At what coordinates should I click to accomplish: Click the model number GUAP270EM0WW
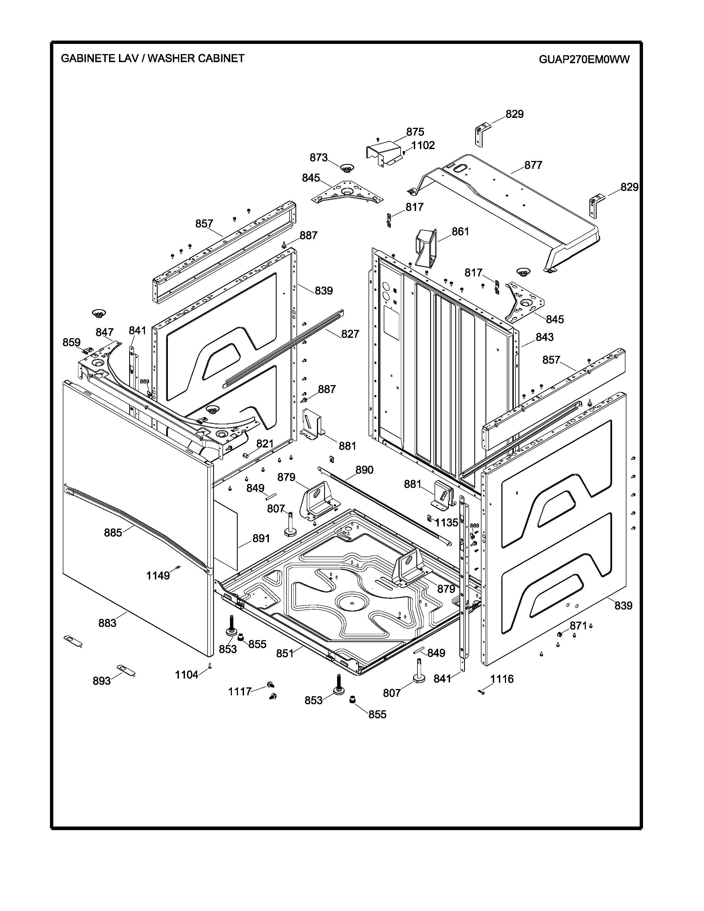(x=584, y=59)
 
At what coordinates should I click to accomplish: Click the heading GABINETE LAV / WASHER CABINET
(x=153, y=59)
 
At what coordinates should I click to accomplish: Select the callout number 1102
(x=423, y=145)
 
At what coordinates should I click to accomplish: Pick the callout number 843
(x=544, y=337)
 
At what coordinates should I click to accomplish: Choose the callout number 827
(x=350, y=334)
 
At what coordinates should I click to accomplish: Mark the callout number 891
(x=261, y=539)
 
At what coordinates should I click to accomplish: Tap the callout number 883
(x=107, y=623)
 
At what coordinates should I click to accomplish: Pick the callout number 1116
(x=502, y=679)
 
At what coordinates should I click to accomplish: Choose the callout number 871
(x=578, y=626)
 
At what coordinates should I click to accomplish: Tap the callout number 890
(x=364, y=470)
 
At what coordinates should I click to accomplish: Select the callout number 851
(x=285, y=654)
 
